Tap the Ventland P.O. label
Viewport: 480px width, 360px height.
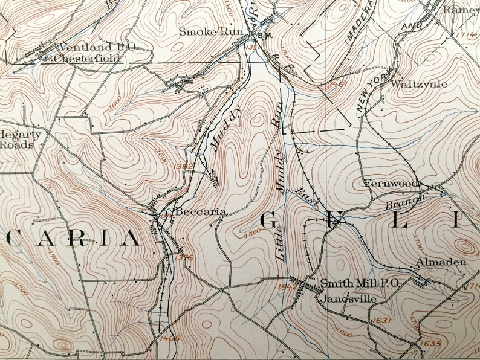[x=85, y=47]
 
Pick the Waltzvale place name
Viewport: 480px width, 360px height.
[x=420, y=84]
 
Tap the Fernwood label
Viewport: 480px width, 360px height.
[x=391, y=182]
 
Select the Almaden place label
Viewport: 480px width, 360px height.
[x=441, y=262]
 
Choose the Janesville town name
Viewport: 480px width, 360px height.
[x=349, y=298]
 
